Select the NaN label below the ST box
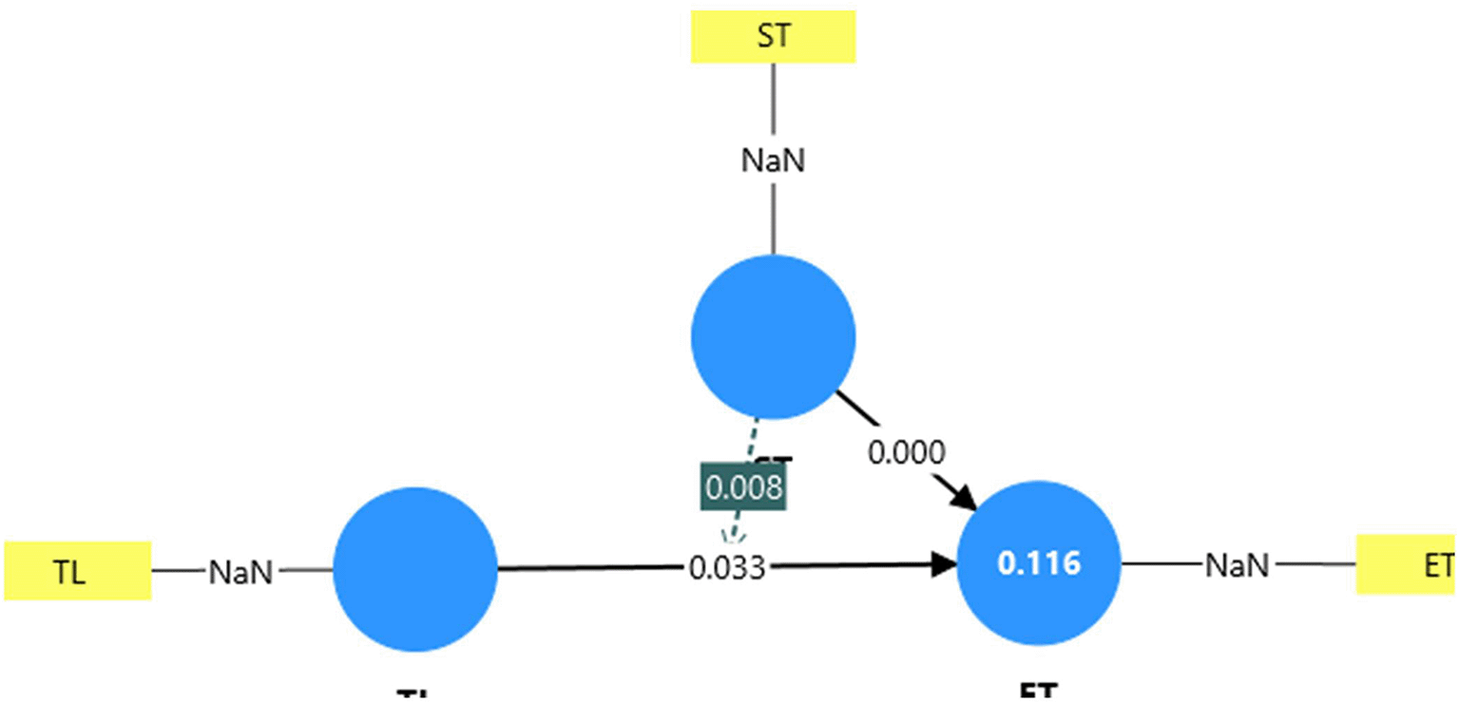click(773, 160)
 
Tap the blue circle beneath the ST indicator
click(773, 336)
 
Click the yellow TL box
click(77, 570)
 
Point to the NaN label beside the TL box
click(240, 571)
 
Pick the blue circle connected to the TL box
click(415, 569)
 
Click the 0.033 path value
click(726, 568)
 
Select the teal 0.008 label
click(743, 487)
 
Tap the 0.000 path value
click(906, 453)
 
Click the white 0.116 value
click(1039, 563)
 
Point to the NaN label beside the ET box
click(1237, 565)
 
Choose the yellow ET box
click(1407, 564)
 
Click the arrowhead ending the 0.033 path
click(945, 564)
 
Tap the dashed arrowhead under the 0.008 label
click(732, 535)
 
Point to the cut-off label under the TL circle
click(415, 695)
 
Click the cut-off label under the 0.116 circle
click(1038, 694)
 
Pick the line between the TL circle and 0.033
click(589, 568)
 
